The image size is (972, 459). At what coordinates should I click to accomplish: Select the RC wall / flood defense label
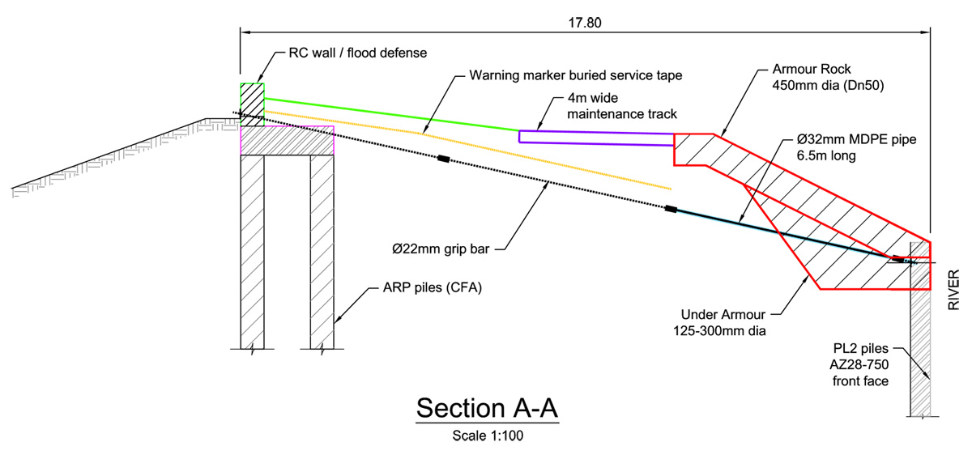357,53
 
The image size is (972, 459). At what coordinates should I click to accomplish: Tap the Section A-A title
488,407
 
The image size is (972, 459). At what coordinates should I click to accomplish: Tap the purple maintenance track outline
596,138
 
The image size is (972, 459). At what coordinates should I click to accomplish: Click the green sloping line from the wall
389,114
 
